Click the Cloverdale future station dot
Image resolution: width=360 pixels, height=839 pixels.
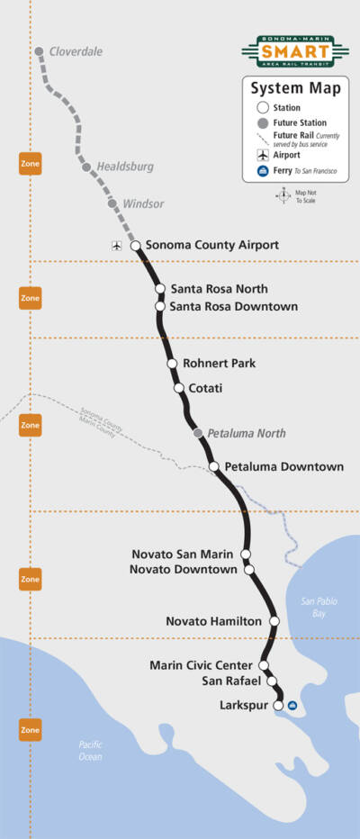pyautogui.click(x=39, y=51)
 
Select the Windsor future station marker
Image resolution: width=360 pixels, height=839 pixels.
pyautogui.click(x=112, y=203)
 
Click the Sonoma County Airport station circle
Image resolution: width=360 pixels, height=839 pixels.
pyautogui.click(x=135, y=245)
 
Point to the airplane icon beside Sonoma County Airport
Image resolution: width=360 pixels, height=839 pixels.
pyautogui.click(x=115, y=245)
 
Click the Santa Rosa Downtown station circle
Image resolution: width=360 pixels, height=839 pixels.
pyautogui.click(x=160, y=306)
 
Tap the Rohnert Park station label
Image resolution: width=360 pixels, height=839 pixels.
pyautogui.click(x=220, y=363)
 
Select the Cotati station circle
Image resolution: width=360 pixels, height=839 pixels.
pyautogui.click(x=179, y=388)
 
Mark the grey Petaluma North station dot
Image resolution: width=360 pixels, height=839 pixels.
pyautogui.click(x=198, y=433)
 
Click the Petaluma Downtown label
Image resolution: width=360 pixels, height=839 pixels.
pyautogui.click(x=283, y=466)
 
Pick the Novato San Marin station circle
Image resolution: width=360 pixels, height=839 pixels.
pyautogui.click(x=245, y=554)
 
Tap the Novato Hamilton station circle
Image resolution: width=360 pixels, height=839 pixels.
pyautogui.click(x=274, y=621)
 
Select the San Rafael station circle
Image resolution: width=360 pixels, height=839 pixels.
pyautogui.click(x=271, y=681)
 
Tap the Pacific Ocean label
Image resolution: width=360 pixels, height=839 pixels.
pyautogui.click(x=90, y=751)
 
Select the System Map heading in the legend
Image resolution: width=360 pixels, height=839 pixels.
pyautogui.click(x=283, y=88)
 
